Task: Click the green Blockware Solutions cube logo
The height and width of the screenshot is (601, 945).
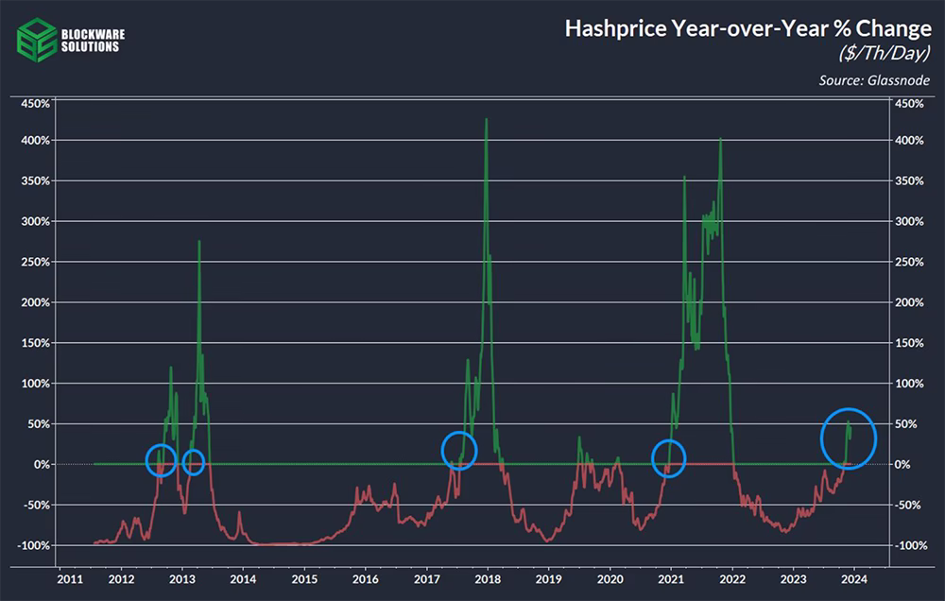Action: tap(36, 40)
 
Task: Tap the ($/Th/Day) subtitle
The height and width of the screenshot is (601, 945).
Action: tap(885, 54)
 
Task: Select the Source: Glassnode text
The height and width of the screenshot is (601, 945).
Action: tap(874, 80)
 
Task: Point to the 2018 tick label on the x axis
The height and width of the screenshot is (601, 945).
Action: tap(488, 579)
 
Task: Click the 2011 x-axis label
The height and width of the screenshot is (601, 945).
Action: tap(70, 579)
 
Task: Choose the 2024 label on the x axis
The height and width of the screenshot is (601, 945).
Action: tap(854, 579)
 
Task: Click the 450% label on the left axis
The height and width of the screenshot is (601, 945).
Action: tap(36, 104)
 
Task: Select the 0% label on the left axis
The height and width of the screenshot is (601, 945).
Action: tap(42, 465)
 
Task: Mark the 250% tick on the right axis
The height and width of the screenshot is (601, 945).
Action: tap(909, 262)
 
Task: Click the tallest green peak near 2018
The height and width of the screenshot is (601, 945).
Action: tap(487, 119)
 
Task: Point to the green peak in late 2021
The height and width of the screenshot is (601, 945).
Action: tap(720, 139)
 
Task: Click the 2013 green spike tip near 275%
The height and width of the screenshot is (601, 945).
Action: tap(198, 241)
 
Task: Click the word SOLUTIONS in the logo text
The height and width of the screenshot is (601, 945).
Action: tap(91, 47)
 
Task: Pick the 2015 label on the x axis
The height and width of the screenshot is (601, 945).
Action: tap(304, 579)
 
